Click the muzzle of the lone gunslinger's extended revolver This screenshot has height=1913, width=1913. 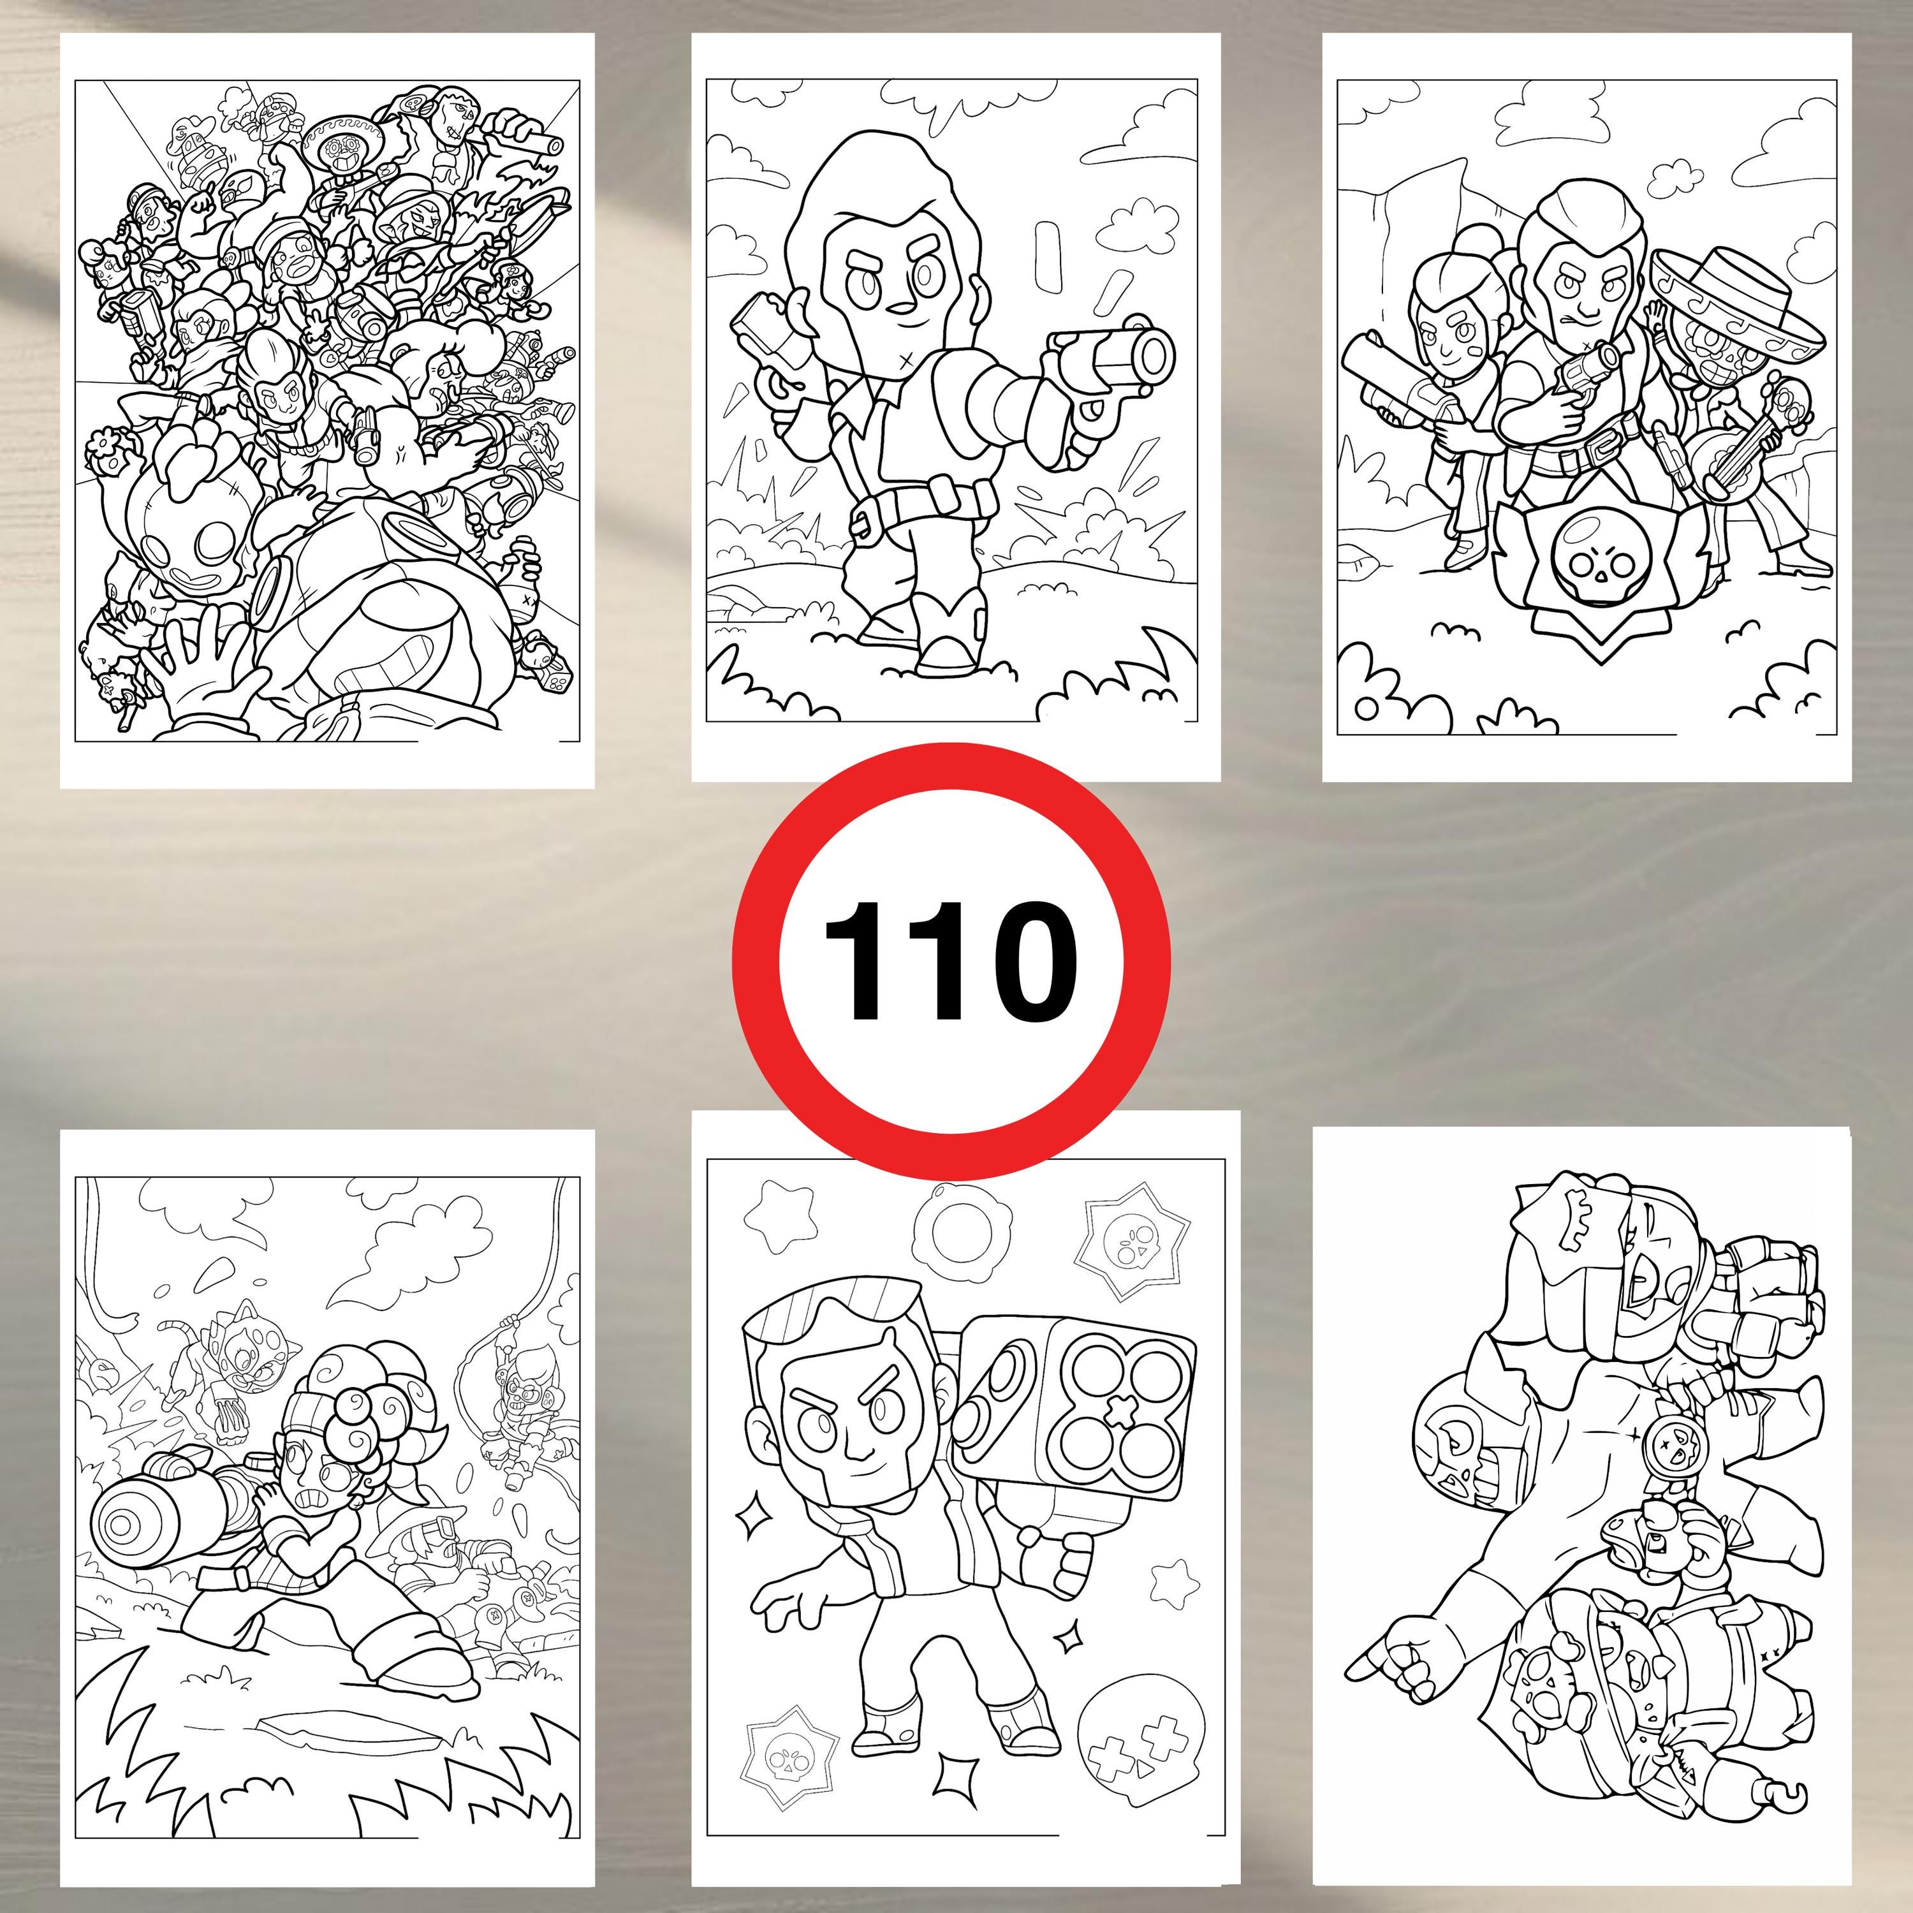1154,351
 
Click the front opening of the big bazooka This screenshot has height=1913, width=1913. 124,1526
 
